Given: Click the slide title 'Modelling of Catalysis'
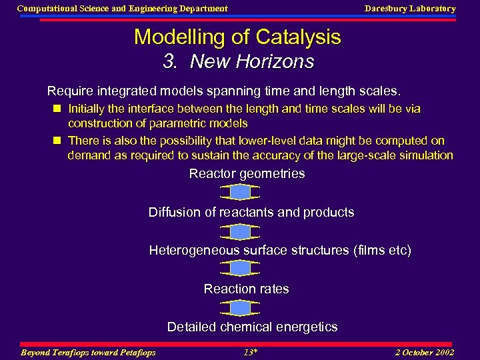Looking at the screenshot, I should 237,37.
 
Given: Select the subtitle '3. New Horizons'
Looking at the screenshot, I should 239,62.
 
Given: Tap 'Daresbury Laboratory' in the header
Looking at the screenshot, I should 410,9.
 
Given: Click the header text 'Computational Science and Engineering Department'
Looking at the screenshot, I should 122,9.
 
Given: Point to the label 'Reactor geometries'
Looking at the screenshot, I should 247,174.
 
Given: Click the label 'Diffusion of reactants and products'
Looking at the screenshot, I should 251,213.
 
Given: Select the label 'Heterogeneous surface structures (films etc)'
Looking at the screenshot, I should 280,251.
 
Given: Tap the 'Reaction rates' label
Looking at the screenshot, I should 246,289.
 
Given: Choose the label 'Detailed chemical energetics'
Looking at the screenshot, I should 252,327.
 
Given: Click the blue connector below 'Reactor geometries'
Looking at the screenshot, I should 239,193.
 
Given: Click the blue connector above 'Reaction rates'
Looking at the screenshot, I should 239,269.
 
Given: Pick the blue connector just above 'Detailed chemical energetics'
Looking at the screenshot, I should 239,308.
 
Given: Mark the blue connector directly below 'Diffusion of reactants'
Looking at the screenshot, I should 239,231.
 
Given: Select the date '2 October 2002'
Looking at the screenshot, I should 424,352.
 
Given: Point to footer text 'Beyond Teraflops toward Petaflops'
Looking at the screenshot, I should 89,352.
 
